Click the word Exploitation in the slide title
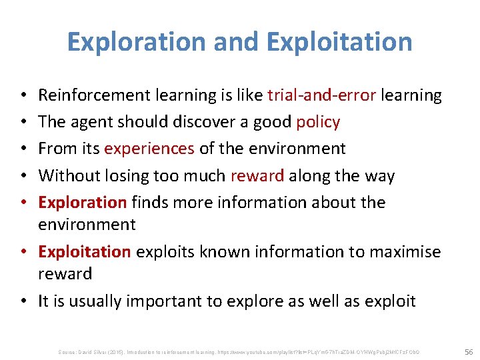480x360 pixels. [x=339, y=41]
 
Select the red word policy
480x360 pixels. [x=318, y=122]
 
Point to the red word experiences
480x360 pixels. [x=149, y=149]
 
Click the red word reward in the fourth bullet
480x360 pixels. [x=257, y=176]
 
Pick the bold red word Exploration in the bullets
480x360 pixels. [x=82, y=202]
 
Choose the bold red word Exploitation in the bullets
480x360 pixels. [x=85, y=251]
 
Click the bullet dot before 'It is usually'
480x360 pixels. [x=25, y=301]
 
